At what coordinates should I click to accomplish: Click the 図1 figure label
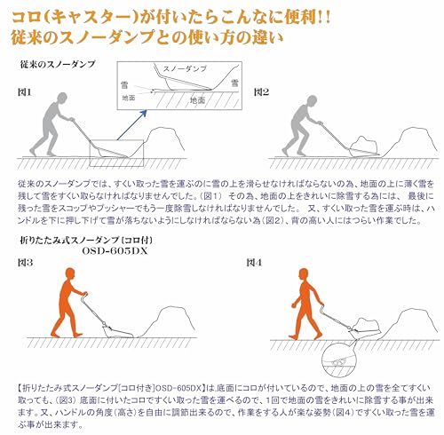pos(25,91)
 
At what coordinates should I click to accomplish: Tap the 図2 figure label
pos(262,91)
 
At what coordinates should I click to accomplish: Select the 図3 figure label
pos(25,264)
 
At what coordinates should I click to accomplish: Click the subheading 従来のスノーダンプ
pos(57,66)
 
